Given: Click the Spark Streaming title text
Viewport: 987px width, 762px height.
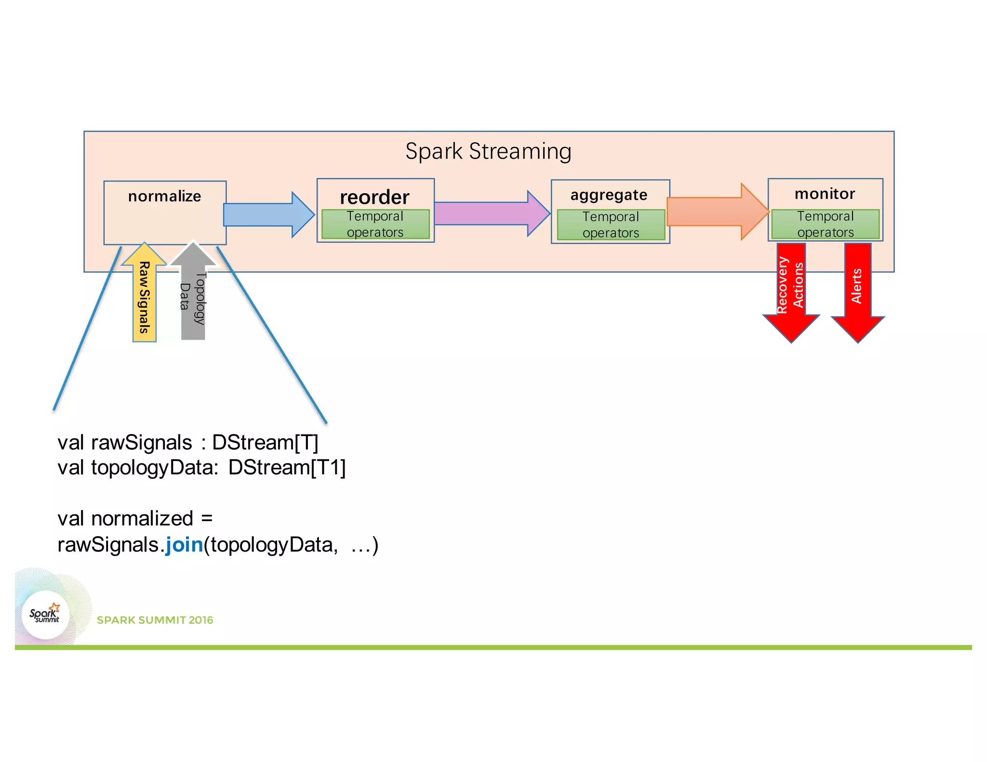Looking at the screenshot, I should pos(488,151).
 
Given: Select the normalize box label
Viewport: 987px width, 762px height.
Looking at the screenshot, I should pos(164,197).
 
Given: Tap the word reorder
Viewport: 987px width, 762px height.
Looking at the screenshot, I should pos(374,197).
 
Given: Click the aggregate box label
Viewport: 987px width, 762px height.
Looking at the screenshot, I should pos(609,195).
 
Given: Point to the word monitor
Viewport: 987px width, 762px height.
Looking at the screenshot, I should pos(825,194).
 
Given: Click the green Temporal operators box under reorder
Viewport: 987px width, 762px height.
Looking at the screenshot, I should pos(375,224).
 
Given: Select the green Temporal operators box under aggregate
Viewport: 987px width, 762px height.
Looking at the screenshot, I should pos(611,224).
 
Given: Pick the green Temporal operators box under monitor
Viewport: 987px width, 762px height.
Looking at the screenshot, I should pos(825,224).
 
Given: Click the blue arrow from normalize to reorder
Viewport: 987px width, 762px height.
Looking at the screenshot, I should pos(267,215).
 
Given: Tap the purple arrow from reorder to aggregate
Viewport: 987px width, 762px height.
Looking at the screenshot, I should pos(489,213).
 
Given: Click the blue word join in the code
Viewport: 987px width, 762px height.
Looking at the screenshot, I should pos(184,545).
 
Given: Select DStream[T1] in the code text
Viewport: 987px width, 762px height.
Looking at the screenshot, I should pos(287,467).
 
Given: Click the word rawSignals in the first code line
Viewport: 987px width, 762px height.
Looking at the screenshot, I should pos(141,442).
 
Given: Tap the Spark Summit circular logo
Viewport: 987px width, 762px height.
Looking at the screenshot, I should pos(45,615).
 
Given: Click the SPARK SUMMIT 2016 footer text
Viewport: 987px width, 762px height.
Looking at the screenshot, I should pos(155,620).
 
